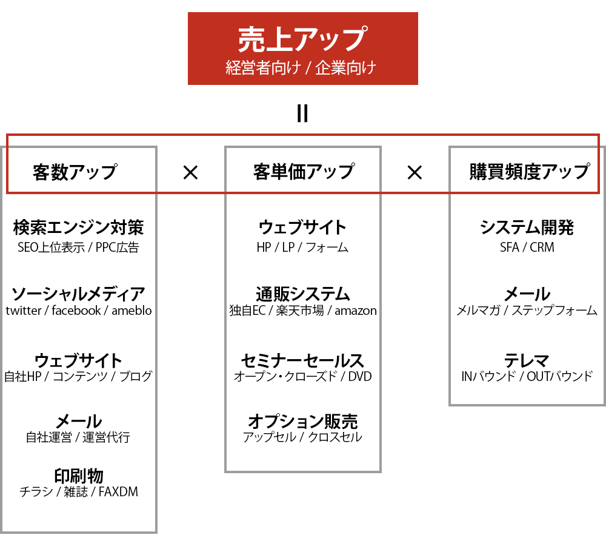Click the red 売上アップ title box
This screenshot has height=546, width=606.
point(302,49)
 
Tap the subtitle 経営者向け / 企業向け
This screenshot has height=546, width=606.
point(301,68)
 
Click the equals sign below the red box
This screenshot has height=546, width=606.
point(302,113)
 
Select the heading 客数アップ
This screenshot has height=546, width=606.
point(75,172)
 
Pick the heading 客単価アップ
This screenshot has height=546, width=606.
point(304,172)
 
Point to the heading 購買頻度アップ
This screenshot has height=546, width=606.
point(530,172)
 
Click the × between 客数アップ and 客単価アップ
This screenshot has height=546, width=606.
point(190,172)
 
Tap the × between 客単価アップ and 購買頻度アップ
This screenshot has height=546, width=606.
point(415,172)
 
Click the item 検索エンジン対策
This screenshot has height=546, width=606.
point(78,227)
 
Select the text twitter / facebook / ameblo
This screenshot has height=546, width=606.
point(78,311)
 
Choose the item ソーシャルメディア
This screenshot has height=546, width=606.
point(78,294)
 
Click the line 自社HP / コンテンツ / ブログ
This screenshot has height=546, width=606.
point(78,376)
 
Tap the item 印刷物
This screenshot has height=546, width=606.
point(79,476)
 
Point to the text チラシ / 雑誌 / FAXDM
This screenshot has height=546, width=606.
point(79,491)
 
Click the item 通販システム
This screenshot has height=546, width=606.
point(303,294)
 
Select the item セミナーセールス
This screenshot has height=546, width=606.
point(303,360)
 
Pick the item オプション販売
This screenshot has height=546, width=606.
point(303,422)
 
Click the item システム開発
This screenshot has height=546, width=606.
point(527,227)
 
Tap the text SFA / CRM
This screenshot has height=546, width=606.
point(527,248)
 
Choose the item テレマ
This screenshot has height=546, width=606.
point(527,360)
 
